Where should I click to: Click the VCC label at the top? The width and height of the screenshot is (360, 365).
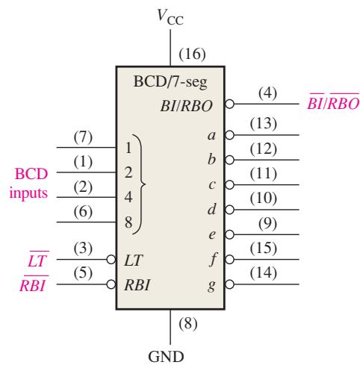pyautogui.click(x=170, y=17)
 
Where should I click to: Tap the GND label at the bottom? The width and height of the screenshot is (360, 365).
pyautogui.click(x=166, y=356)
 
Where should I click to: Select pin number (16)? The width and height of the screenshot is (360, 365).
pyautogui.click(x=192, y=54)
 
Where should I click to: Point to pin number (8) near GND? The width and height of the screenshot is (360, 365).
pyautogui.click(x=188, y=323)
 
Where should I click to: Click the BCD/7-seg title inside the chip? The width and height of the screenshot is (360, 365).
pyautogui.click(x=170, y=82)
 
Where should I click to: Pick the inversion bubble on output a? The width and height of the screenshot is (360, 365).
pyautogui.click(x=229, y=135)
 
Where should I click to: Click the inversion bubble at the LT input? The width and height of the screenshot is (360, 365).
pyautogui.click(x=111, y=260)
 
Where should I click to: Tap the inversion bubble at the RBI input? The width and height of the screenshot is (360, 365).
pyautogui.click(x=111, y=284)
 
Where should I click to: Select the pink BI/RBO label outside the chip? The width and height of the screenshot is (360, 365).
pyautogui.click(x=333, y=102)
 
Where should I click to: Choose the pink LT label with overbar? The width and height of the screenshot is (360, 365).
pyautogui.click(x=37, y=259)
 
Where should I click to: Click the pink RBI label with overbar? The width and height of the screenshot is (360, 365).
pyautogui.click(x=34, y=284)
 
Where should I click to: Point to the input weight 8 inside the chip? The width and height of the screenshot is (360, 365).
pyautogui.click(x=128, y=222)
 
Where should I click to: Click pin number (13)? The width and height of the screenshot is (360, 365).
pyautogui.click(x=264, y=124)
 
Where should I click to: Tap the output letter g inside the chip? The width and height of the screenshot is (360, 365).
pyautogui.click(x=211, y=286)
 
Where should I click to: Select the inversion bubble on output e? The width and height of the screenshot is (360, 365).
pyautogui.click(x=229, y=234)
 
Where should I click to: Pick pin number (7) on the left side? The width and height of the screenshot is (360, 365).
pyautogui.click(x=83, y=137)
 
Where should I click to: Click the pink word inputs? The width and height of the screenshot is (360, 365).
pyautogui.click(x=28, y=193)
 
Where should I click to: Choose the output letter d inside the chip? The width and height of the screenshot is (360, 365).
pyautogui.click(x=211, y=209)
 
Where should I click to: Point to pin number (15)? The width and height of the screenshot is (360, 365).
pyautogui.click(x=264, y=248)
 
